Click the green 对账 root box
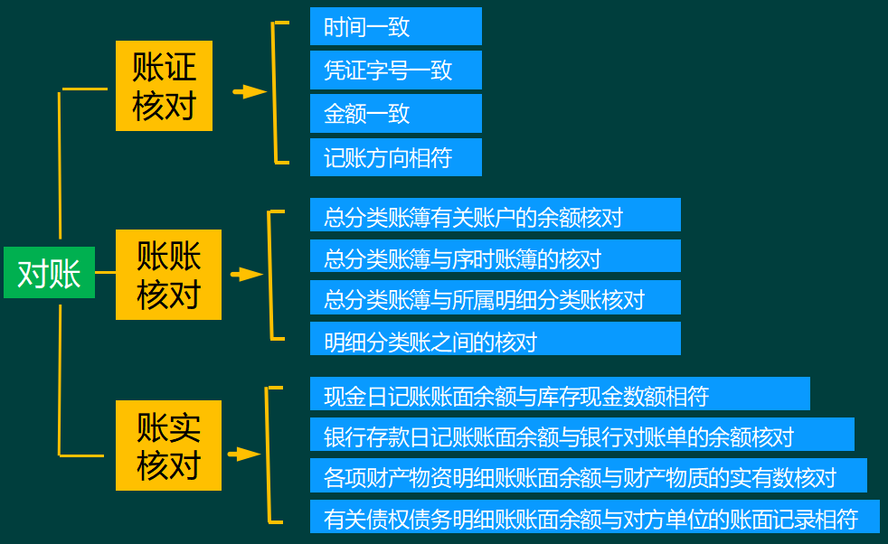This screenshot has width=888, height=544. click(x=49, y=272)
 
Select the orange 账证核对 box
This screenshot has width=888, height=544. click(x=164, y=86)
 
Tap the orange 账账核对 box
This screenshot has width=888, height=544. click(x=168, y=275)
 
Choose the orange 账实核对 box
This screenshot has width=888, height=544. click(x=168, y=446)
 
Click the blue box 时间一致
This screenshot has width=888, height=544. click(x=395, y=26)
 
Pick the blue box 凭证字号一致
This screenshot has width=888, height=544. click(x=395, y=70)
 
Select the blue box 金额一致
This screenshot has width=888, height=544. click(x=395, y=113)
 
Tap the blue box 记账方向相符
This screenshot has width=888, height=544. click(x=395, y=157)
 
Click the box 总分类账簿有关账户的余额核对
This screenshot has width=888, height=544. click(x=495, y=215)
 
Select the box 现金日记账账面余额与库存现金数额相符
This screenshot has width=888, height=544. click(x=559, y=394)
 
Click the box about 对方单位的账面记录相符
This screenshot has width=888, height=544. click(x=594, y=517)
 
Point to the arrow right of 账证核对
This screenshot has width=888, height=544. click(x=249, y=91)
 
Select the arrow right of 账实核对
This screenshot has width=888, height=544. click(x=244, y=455)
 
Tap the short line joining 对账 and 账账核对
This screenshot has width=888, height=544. click(x=105, y=272)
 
